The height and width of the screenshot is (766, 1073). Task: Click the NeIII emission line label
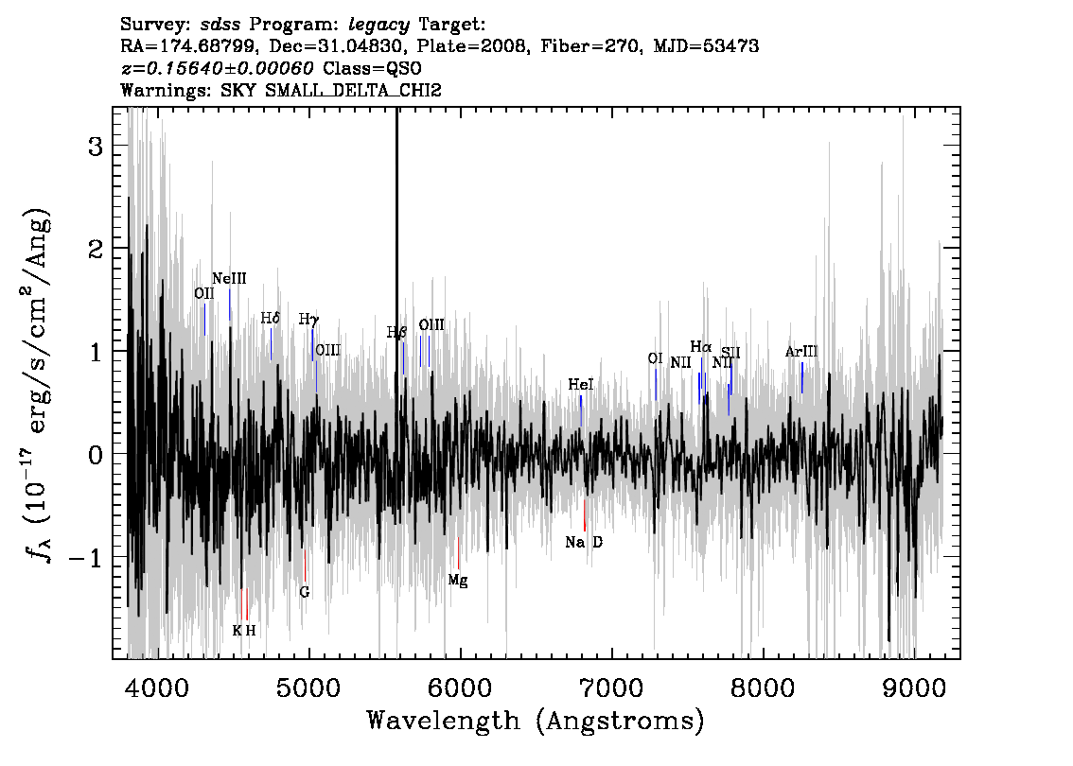229,278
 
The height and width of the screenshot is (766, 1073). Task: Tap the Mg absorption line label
458,581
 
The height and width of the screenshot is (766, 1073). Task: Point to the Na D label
585,543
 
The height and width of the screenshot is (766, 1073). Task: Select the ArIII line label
801,352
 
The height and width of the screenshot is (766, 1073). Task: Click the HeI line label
581,385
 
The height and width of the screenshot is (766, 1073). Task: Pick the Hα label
701,347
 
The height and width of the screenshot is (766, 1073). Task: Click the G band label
305,592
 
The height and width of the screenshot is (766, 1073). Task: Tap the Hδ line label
271,319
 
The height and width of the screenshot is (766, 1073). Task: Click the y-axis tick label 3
96,147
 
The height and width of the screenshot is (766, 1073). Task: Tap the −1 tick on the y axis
86,558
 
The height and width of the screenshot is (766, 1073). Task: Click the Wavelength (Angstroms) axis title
536,721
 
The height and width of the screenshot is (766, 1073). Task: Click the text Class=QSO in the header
372,68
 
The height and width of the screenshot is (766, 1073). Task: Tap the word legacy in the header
379,26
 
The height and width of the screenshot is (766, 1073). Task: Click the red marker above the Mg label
459,553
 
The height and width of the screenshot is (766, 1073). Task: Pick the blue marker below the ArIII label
802,377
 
